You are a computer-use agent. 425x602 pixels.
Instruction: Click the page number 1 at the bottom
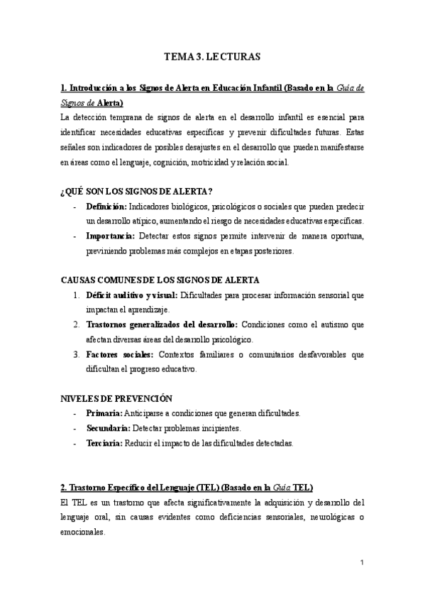(362, 564)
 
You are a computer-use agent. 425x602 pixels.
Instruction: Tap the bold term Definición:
(107, 206)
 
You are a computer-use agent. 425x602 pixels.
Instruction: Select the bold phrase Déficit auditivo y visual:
(133, 295)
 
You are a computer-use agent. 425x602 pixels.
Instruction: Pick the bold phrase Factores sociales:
(118, 354)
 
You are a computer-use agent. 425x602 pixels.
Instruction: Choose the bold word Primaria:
(104, 413)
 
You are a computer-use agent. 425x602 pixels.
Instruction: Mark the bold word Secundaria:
(108, 428)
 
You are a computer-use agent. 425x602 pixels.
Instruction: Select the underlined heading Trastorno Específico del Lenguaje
(139, 487)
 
